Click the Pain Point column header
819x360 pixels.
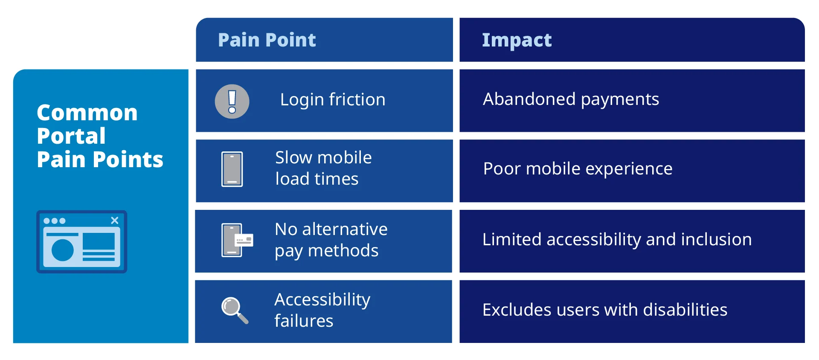pos(267,40)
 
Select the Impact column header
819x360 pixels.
pos(517,40)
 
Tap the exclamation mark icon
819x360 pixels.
pos(232,102)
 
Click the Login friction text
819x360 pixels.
pos(333,100)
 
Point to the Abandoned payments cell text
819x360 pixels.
pos(571,99)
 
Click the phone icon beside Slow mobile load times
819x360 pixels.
pos(232,169)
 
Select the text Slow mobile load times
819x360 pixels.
pos(323,168)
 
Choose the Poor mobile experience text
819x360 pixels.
pos(578,169)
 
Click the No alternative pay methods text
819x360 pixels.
pos(331,240)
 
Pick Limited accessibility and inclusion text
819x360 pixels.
pos(617,240)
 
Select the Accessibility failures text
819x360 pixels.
pos(322,310)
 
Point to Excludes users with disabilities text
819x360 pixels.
pos(604,310)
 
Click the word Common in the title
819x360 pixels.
pos(87,113)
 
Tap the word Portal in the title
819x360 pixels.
pos(71,136)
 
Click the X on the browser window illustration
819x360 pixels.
pos(114,221)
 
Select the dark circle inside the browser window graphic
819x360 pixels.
pos(63,250)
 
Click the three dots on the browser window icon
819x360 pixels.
pos(54,221)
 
